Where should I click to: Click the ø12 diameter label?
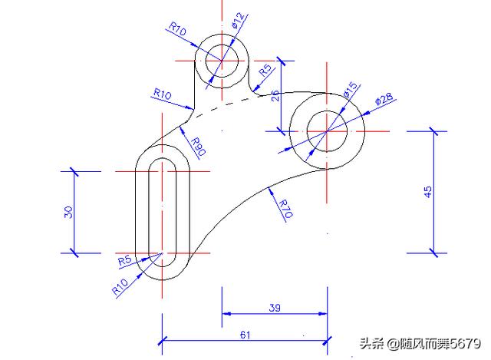pos(238,21)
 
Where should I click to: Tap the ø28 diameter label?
pos(384,99)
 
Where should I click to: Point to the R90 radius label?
pos(197,145)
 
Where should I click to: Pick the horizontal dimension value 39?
pos(275,307)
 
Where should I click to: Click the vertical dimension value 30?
pos(68,211)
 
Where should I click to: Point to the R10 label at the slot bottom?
pos(120,288)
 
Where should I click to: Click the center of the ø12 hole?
pos(222,59)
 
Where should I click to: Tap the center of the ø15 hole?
pos(328,130)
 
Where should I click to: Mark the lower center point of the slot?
pos(162,252)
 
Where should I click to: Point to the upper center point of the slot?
pos(162,171)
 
